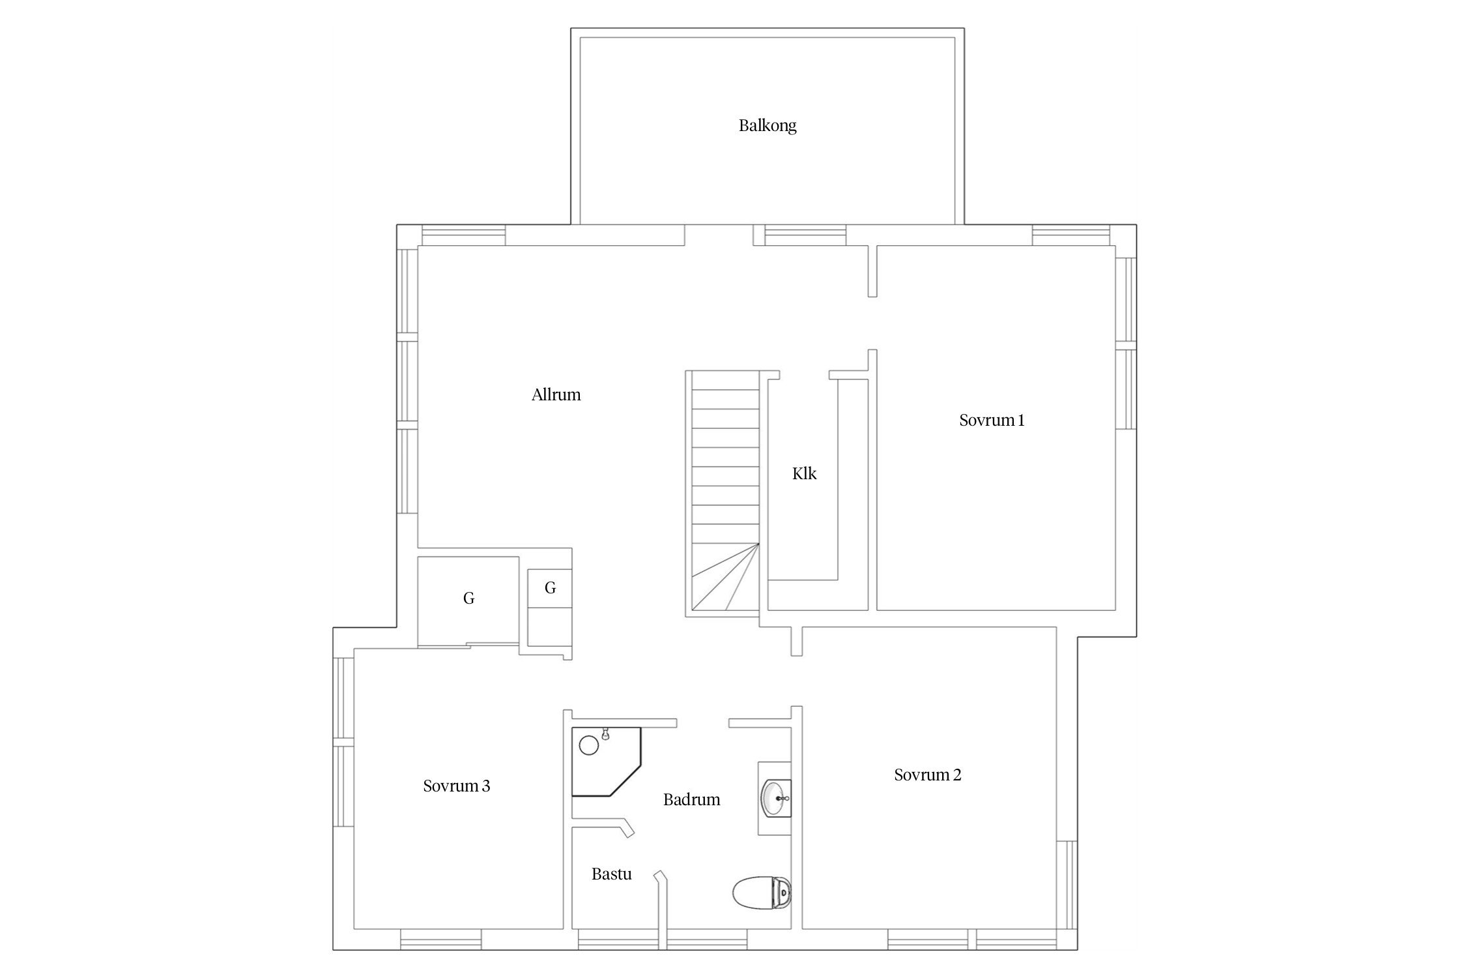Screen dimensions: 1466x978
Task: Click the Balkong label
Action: point(767,126)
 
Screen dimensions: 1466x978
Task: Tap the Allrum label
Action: point(556,394)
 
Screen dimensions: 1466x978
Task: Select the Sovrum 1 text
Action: point(992,421)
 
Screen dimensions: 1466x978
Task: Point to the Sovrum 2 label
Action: point(927,775)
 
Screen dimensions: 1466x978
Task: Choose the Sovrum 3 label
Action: point(456,786)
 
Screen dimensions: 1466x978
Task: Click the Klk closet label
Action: point(804,474)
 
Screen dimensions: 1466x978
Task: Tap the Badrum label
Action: point(691,800)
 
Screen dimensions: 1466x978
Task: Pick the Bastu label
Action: point(611,874)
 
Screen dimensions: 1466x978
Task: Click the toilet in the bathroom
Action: point(762,893)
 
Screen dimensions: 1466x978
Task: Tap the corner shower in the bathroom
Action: point(606,762)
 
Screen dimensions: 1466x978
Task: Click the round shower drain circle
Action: point(588,745)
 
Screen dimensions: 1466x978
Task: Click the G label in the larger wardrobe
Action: point(468,598)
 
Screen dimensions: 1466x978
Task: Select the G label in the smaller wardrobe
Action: point(550,588)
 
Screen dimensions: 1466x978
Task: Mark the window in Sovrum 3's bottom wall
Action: point(440,939)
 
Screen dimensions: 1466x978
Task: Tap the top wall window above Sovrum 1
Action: point(1071,235)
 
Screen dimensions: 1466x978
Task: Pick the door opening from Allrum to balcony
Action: point(719,235)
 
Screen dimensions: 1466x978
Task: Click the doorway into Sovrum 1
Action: point(872,323)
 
